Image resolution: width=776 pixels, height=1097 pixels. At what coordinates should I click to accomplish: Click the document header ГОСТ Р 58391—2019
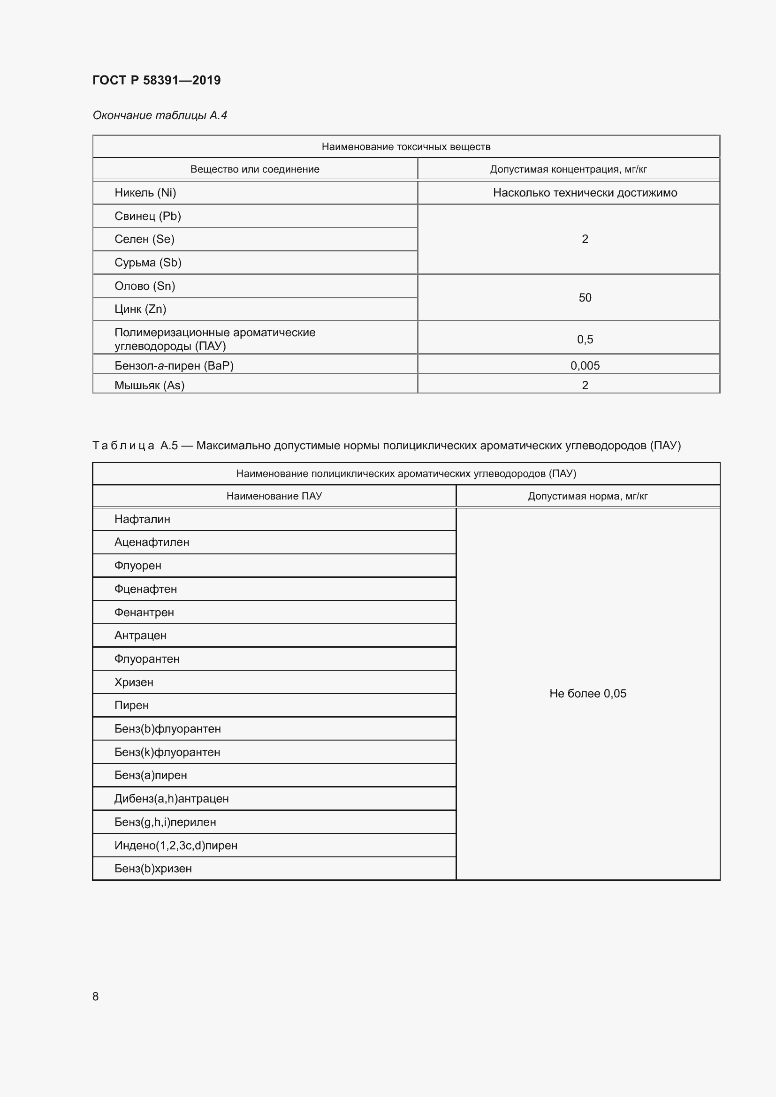coord(156,80)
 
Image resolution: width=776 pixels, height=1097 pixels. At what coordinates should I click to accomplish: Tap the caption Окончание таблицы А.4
coord(160,115)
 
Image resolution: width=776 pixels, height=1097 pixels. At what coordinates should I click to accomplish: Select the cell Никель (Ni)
coord(145,193)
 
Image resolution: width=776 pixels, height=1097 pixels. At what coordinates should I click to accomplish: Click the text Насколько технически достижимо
coord(585,193)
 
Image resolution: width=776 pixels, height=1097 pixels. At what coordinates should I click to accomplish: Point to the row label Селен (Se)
coord(145,239)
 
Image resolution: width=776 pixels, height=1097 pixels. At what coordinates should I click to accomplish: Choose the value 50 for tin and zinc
coord(585,298)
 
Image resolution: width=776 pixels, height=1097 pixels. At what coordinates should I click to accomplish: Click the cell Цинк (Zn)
coord(140,309)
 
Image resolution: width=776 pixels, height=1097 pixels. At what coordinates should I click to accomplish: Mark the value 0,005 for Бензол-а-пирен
coord(585,365)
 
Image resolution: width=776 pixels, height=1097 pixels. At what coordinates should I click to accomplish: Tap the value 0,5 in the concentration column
coord(585,339)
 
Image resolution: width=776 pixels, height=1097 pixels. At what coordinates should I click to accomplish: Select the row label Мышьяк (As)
coord(149,385)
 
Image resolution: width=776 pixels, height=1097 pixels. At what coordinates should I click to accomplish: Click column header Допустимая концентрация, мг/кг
coord(568,169)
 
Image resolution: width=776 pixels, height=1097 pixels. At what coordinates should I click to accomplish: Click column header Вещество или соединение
coord(255,169)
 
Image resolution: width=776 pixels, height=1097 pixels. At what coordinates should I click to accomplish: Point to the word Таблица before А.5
coord(123,445)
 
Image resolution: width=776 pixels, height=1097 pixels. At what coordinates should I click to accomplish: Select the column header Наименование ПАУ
coord(274,496)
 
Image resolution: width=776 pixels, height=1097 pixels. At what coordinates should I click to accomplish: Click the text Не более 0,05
coord(587,693)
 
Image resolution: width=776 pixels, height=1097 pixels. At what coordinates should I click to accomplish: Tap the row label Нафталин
coord(142,519)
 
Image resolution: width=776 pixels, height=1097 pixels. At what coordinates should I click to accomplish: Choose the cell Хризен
coord(134,682)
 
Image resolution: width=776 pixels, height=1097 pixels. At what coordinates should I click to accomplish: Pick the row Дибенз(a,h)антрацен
coord(171,798)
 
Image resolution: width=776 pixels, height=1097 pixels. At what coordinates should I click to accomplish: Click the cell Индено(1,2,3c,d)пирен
coord(175,845)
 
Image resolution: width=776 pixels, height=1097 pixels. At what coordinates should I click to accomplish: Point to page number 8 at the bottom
coord(96,996)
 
